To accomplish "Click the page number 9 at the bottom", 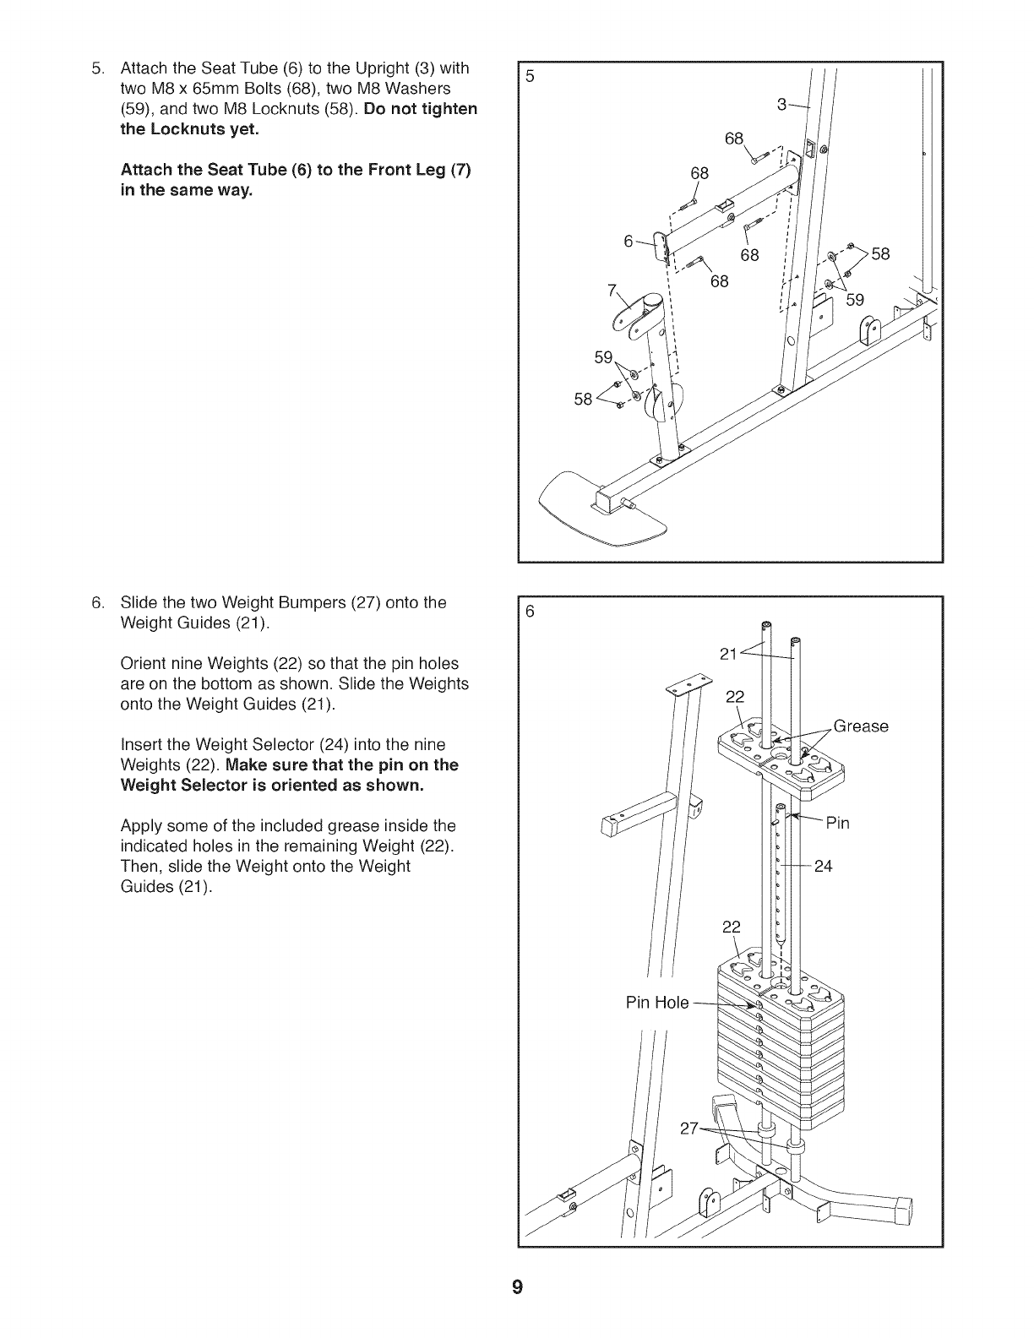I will (517, 1288).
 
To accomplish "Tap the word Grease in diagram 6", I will (861, 726).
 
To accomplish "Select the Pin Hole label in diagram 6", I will (657, 1003).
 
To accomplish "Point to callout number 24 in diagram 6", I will (823, 866).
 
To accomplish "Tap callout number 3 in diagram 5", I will (781, 104).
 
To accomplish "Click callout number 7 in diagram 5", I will (612, 290).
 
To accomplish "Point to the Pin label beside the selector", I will (837, 823).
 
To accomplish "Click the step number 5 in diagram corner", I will (530, 76).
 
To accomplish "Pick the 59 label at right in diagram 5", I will (855, 299).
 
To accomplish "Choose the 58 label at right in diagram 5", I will (880, 253).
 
